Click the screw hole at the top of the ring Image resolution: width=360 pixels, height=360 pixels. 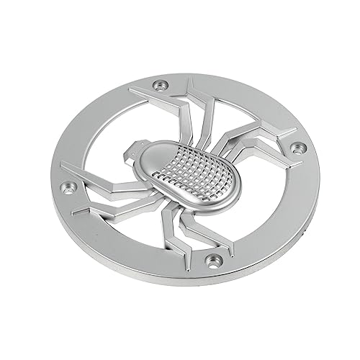[160, 86]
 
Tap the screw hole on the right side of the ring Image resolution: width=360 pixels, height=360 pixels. [300, 148]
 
